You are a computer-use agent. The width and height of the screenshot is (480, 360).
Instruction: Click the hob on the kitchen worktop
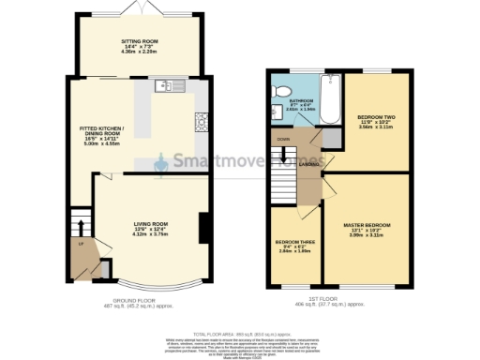click(199, 121)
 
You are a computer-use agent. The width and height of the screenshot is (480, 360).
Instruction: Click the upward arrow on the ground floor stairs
click(81, 228)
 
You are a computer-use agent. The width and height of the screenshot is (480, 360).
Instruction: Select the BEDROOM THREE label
click(294, 247)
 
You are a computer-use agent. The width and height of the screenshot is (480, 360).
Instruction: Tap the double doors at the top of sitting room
click(139, 7)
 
